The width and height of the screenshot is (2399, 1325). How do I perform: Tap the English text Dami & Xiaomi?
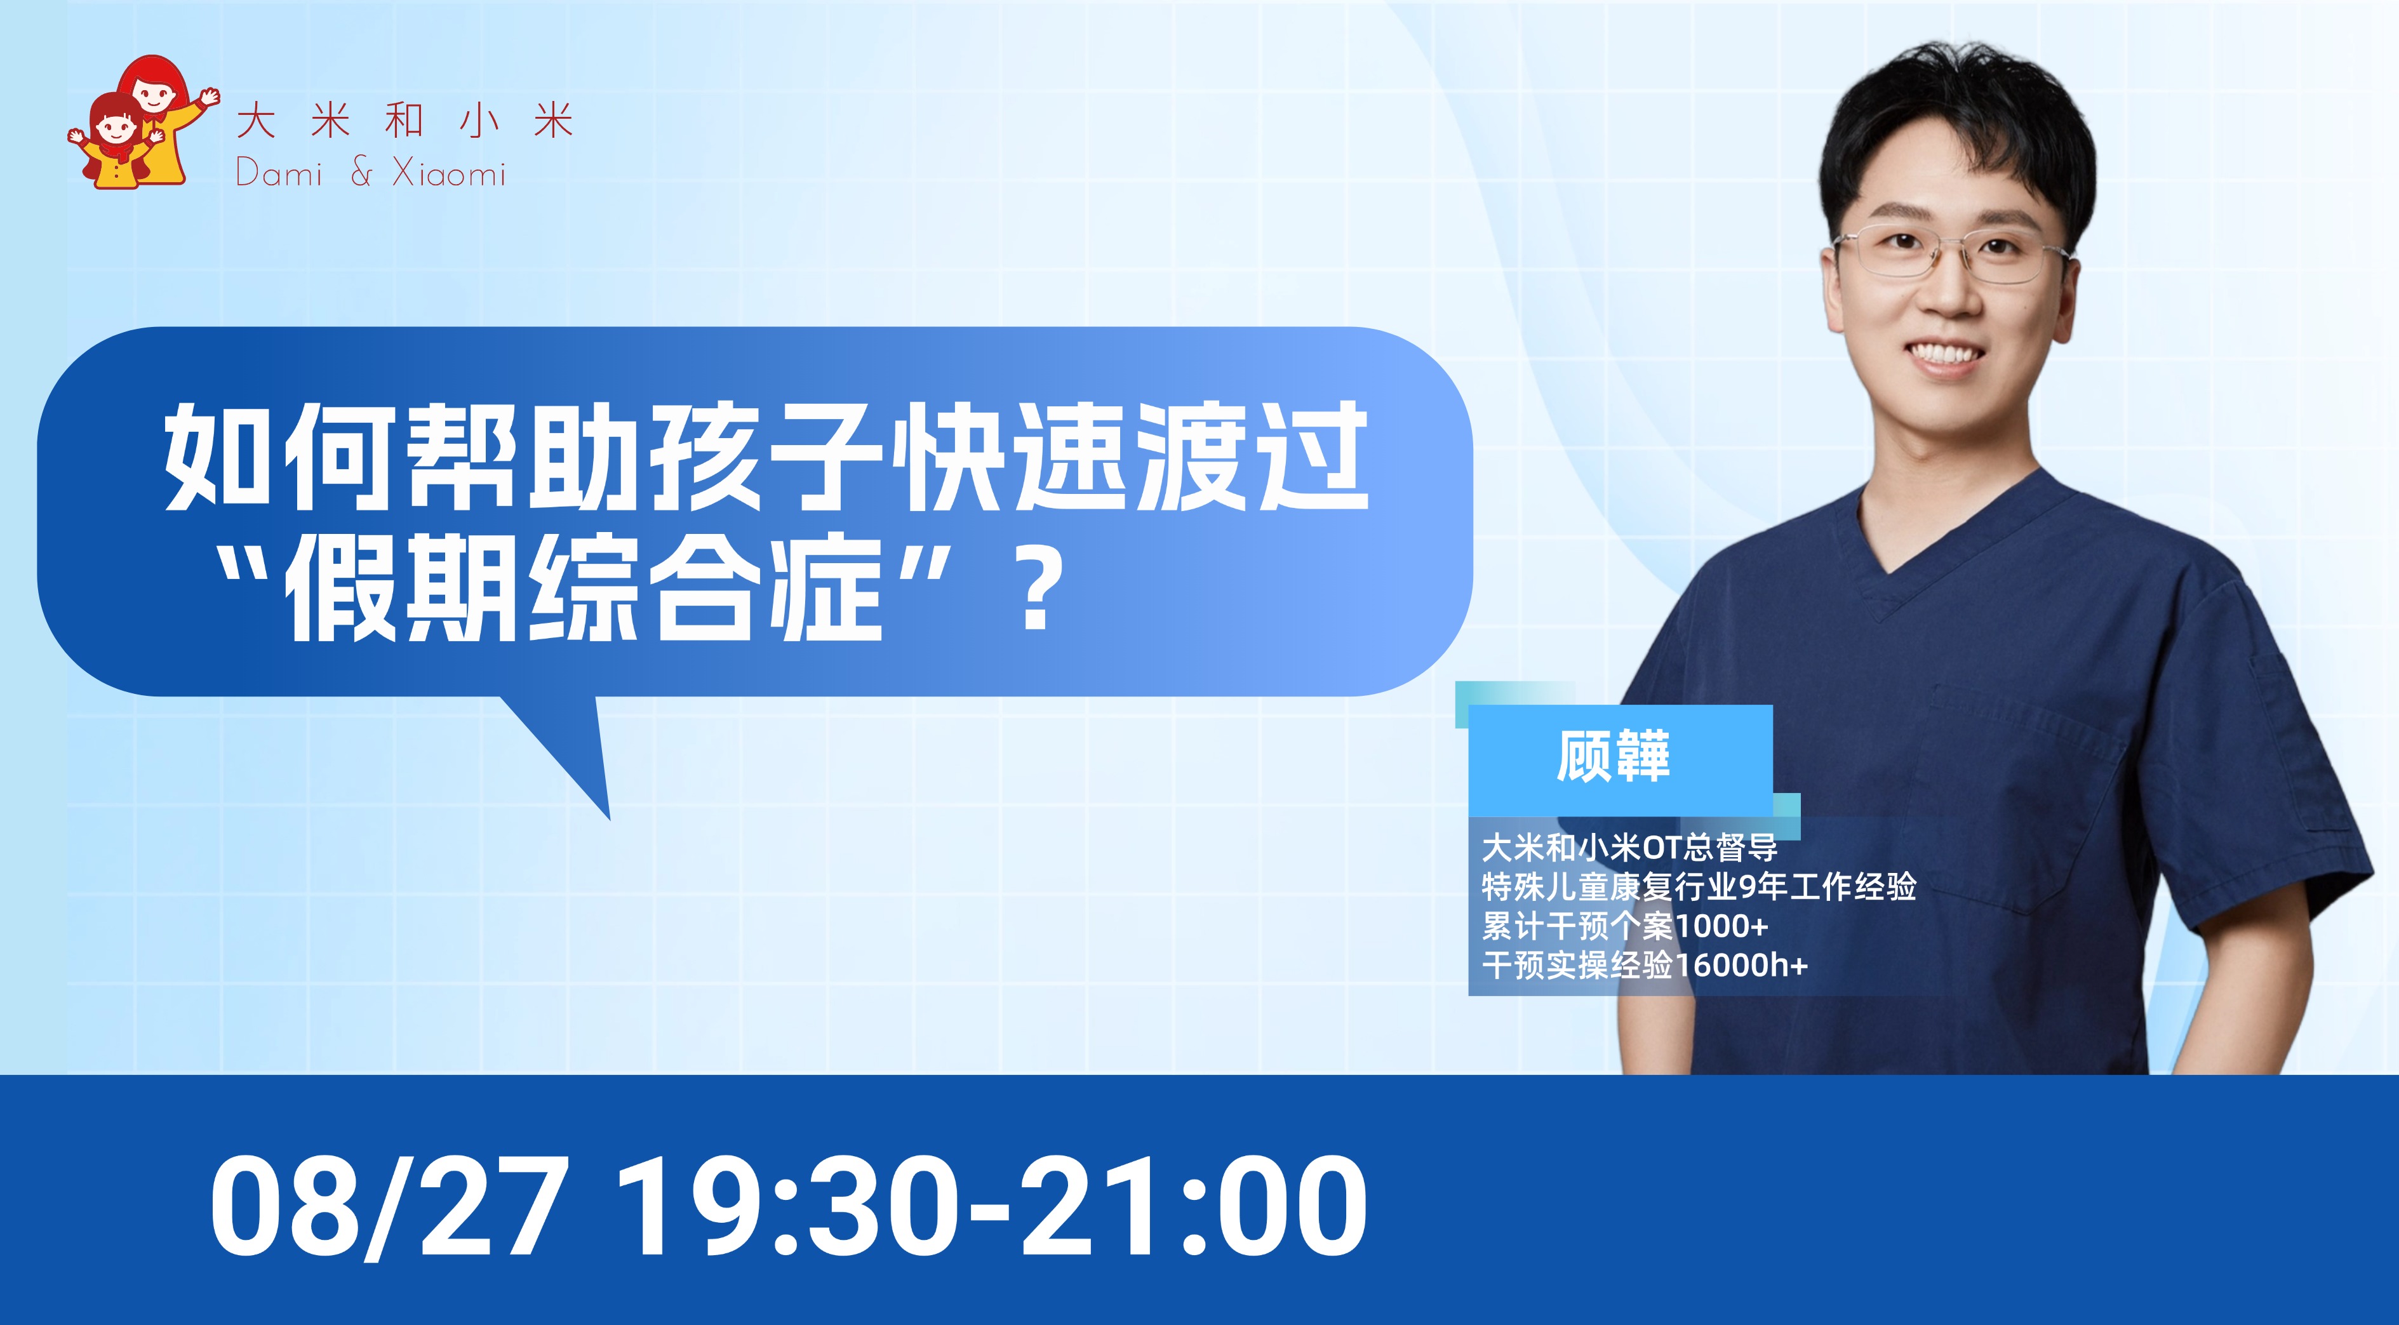pos(371,173)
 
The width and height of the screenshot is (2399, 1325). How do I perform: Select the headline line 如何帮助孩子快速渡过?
pos(766,456)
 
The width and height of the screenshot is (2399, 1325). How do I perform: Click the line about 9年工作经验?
pos(1699,886)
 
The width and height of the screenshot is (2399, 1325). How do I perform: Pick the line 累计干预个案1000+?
pos(1624,926)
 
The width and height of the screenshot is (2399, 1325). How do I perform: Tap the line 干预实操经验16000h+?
pos(1645,964)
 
